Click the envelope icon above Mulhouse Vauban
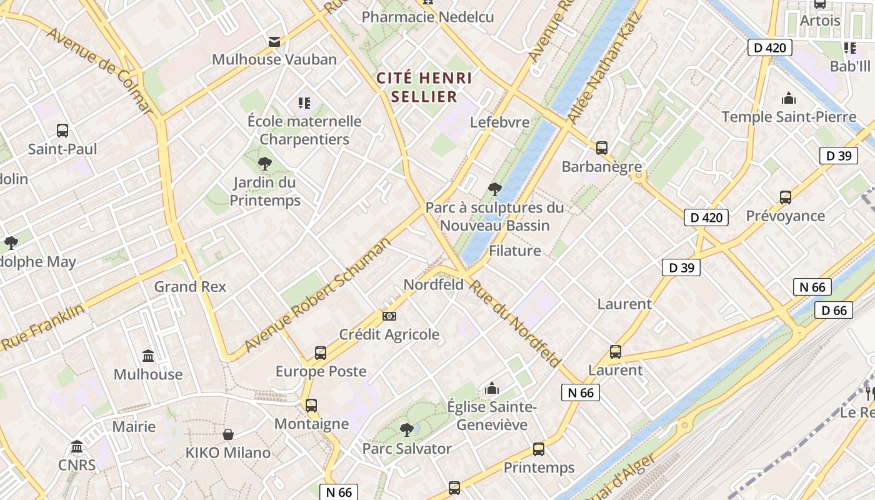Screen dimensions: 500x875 point(274,42)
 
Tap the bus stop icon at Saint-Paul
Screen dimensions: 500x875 point(62,131)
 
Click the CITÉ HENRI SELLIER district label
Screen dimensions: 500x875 point(424,87)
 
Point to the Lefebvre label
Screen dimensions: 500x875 point(499,122)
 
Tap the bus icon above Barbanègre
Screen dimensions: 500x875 point(602,148)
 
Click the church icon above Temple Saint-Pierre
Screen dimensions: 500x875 point(789,98)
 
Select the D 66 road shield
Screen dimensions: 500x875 point(834,310)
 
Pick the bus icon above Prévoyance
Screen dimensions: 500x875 point(786,197)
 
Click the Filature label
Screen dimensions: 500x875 point(514,251)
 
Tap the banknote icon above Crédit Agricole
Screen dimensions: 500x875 point(389,316)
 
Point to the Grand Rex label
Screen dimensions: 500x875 point(190,287)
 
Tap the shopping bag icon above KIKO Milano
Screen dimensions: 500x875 point(228,434)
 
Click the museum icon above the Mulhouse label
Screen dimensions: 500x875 point(148,356)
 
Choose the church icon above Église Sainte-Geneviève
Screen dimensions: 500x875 point(492,389)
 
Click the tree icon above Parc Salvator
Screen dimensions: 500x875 point(407,430)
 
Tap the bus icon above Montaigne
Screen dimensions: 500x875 point(311,406)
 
